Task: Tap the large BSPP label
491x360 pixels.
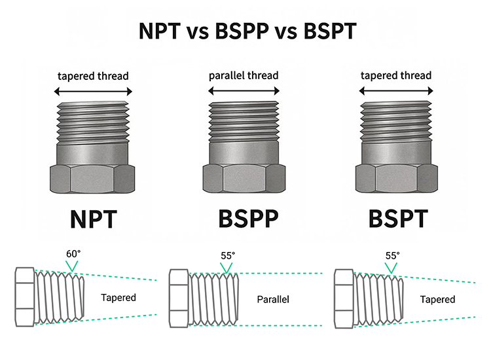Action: [244, 219]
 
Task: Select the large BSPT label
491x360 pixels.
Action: [398, 219]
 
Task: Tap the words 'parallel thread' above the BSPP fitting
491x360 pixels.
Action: [244, 75]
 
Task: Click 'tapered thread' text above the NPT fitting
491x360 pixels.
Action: [92, 75]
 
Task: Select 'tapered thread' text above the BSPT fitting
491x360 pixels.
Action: [396, 75]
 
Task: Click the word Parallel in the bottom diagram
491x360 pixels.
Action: [273, 300]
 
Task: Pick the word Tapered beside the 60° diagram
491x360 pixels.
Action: [118, 298]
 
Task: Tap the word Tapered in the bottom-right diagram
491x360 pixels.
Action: [437, 299]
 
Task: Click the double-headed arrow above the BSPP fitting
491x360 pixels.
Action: [244, 90]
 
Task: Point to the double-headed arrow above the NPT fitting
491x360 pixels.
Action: [92, 90]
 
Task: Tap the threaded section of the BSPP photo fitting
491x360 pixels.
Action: [244, 121]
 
